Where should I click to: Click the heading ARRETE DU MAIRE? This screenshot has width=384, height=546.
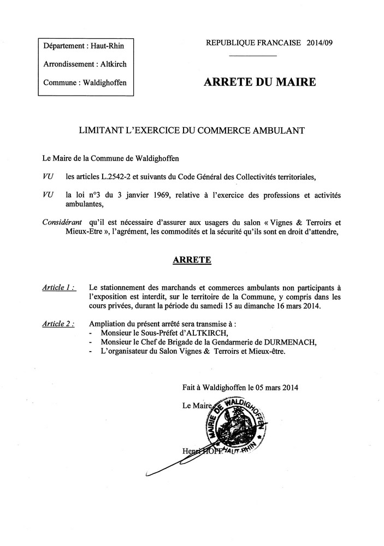pyautogui.click(x=259, y=83)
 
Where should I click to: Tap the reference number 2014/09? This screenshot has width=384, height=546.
pyautogui.click(x=320, y=44)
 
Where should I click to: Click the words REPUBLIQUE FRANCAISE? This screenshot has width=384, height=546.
pyautogui.click(x=253, y=44)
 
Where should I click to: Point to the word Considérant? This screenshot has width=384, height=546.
pyautogui.click(x=62, y=222)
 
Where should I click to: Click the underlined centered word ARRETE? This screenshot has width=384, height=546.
pyautogui.click(x=192, y=260)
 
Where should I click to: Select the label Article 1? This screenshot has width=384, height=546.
pyautogui.click(x=58, y=287)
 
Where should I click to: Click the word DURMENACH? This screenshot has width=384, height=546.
pyautogui.click(x=286, y=342)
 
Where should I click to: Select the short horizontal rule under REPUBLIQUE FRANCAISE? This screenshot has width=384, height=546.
pyautogui.click(x=252, y=56)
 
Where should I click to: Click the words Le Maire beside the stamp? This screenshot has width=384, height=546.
pyautogui.click(x=197, y=406)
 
